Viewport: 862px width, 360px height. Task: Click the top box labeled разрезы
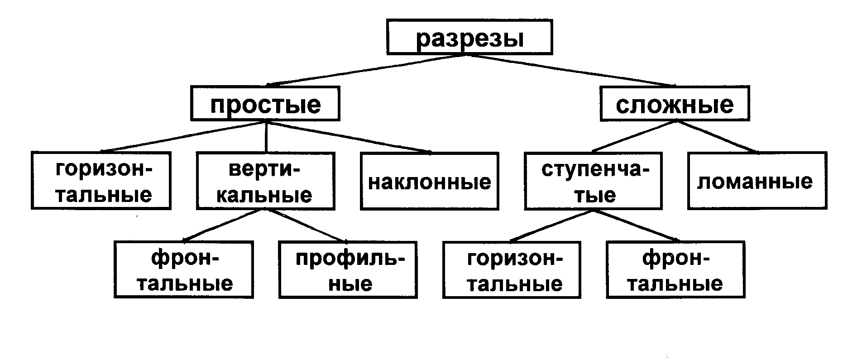469,37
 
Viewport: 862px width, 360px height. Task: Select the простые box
265,104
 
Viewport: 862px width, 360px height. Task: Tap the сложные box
675,104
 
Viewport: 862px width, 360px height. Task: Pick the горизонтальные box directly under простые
101,181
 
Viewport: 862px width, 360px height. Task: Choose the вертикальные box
266,181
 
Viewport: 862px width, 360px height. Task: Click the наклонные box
430,181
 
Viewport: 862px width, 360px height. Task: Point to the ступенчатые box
593,181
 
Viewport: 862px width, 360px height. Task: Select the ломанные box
757,181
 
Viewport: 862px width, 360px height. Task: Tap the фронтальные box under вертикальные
184,270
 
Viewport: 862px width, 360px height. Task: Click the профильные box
348,270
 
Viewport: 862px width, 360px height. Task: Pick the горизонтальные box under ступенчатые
512,270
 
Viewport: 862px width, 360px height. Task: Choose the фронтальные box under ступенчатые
676,270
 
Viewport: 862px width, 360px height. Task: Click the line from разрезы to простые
366,70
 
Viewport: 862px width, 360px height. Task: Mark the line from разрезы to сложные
571,70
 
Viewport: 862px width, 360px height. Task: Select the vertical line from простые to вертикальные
266,136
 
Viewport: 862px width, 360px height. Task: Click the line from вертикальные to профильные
307,226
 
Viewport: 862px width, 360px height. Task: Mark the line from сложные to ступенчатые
634,136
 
